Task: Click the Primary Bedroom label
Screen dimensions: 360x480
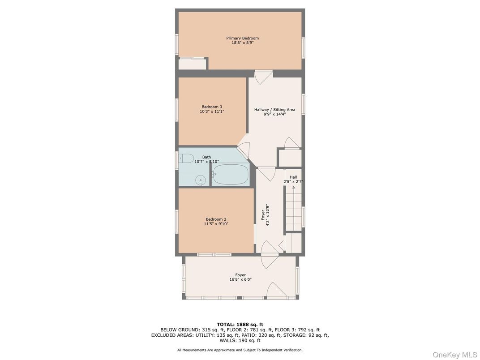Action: click(x=242, y=38)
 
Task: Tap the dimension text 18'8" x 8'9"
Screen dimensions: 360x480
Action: click(x=242, y=43)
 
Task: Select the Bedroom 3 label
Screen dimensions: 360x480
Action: click(x=212, y=107)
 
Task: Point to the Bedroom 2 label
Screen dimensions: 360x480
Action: click(x=216, y=219)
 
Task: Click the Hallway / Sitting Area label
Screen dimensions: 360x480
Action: click(x=274, y=109)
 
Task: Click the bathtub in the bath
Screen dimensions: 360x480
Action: click(x=230, y=174)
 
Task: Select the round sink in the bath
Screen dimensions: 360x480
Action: click(x=201, y=180)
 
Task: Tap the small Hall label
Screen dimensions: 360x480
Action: click(x=293, y=177)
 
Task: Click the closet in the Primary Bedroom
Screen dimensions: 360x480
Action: click(x=193, y=64)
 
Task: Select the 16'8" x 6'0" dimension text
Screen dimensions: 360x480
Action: click(x=240, y=279)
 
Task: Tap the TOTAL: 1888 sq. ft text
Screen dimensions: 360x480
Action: click(x=240, y=324)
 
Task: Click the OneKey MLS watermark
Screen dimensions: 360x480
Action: click(x=454, y=355)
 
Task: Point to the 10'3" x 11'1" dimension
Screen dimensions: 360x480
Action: click(x=212, y=111)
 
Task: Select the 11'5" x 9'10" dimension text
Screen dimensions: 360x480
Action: click(x=216, y=224)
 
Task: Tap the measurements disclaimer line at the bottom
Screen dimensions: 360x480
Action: click(x=240, y=350)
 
